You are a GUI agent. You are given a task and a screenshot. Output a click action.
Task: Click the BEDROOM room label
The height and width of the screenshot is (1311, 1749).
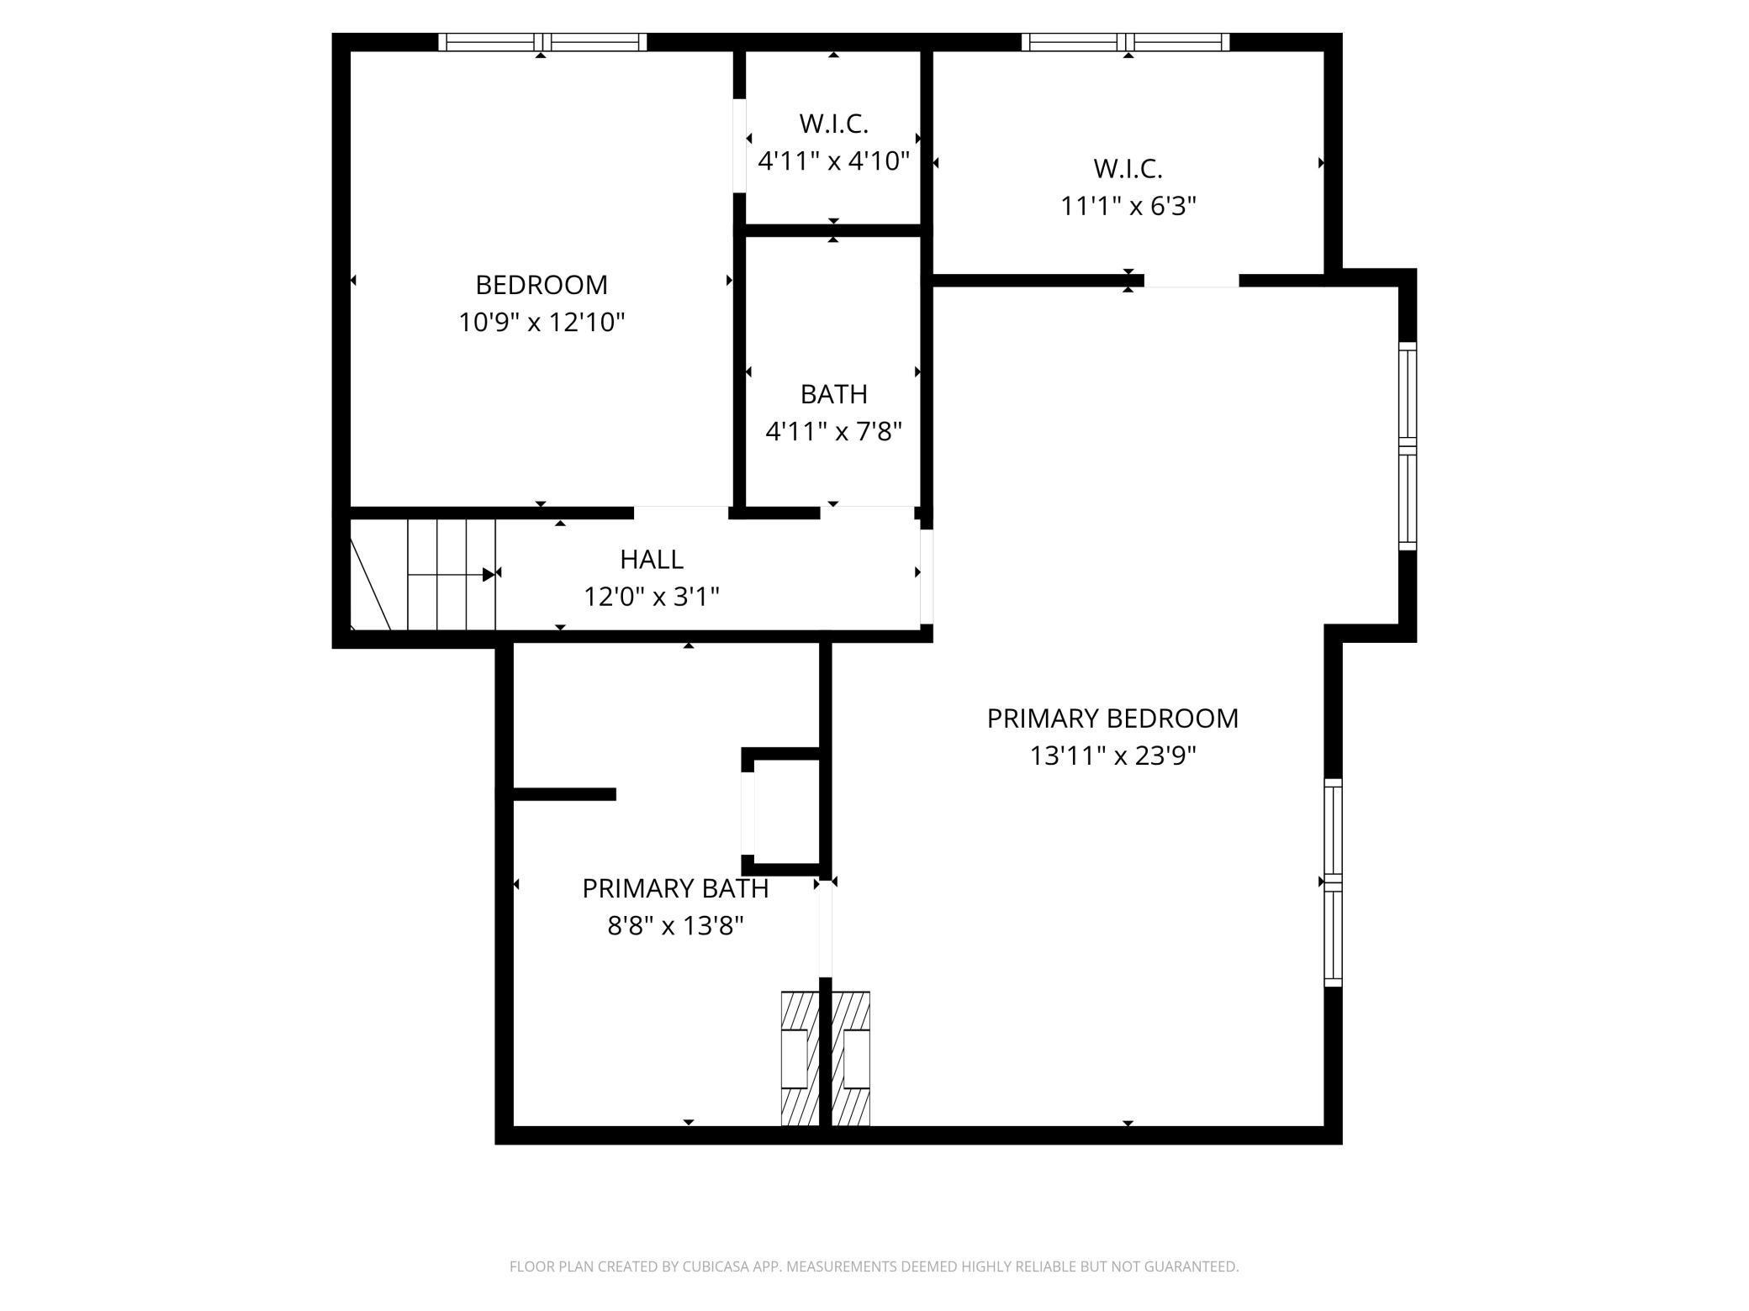(x=542, y=285)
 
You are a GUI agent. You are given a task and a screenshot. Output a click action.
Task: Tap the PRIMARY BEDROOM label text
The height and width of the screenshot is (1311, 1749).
(x=1112, y=719)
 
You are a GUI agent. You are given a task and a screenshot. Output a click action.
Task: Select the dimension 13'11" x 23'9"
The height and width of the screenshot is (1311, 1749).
(x=1112, y=756)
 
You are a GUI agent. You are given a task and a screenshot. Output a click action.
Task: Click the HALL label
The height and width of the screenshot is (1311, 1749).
(x=652, y=559)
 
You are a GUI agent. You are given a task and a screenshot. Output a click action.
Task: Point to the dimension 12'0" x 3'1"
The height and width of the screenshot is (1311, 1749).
(x=652, y=597)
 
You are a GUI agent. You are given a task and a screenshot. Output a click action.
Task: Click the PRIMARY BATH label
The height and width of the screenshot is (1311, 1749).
(x=675, y=888)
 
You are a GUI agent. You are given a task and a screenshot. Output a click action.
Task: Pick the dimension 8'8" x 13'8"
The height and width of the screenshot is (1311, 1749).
(x=675, y=926)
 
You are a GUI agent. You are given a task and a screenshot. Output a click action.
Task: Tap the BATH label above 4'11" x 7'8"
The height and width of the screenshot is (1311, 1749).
(x=833, y=394)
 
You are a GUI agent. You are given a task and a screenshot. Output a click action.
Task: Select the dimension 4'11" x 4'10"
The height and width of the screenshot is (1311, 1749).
(x=833, y=161)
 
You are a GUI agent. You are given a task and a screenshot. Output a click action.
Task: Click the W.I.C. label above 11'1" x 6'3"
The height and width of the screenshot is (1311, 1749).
(x=1128, y=168)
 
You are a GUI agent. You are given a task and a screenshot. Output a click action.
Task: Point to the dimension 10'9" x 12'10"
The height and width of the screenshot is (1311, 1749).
(x=542, y=323)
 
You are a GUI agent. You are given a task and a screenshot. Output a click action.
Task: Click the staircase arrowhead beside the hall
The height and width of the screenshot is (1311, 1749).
(x=489, y=575)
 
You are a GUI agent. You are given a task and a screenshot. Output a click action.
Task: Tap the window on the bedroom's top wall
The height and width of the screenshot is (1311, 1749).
(x=542, y=42)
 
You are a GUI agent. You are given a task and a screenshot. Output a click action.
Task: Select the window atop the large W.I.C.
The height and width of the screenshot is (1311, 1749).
(x=1125, y=42)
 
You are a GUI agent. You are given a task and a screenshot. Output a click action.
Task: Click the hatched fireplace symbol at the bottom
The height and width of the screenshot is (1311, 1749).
(x=826, y=1058)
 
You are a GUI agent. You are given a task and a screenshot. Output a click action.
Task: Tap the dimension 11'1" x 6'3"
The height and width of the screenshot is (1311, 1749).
(x=1128, y=206)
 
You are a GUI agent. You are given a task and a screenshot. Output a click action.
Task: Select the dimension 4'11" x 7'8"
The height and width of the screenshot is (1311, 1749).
(x=833, y=432)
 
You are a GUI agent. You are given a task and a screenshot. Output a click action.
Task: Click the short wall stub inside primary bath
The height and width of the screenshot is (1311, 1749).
(x=564, y=794)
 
